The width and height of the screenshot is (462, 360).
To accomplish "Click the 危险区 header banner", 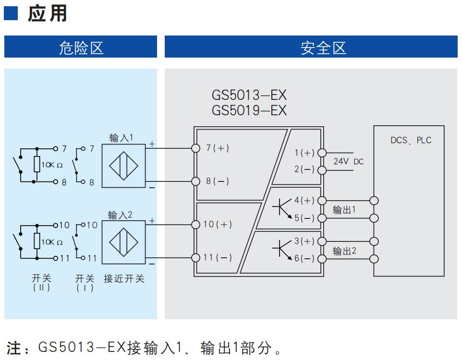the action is (x=80, y=47).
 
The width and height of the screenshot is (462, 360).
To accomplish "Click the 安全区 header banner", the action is (x=311, y=47).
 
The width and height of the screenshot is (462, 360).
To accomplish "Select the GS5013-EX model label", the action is (x=249, y=95).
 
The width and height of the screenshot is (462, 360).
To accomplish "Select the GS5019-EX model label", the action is (x=249, y=110).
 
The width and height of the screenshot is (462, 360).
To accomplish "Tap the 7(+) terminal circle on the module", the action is (x=195, y=148).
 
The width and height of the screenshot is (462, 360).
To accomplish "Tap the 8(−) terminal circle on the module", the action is (x=195, y=181).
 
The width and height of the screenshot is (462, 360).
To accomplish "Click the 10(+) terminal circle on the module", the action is (x=195, y=225).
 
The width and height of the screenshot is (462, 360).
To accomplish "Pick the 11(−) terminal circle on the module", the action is (x=195, y=258).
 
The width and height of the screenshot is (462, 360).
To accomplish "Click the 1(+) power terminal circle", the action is (x=322, y=153).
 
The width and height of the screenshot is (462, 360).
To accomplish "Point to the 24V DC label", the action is (x=348, y=161).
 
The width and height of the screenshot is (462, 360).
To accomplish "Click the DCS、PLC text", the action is (x=411, y=140).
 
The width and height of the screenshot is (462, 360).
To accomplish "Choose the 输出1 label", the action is (x=344, y=210).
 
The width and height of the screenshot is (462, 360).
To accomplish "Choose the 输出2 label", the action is (x=344, y=251).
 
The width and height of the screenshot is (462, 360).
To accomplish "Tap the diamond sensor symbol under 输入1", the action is (x=124, y=166).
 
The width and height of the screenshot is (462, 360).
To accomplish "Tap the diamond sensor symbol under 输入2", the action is (x=124, y=242).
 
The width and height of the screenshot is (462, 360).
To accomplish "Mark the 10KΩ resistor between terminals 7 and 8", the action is (x=37, y=164).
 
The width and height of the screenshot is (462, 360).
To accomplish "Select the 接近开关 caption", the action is (x=124, y=278).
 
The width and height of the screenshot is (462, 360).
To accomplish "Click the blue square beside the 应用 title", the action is (x=11, y=13).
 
